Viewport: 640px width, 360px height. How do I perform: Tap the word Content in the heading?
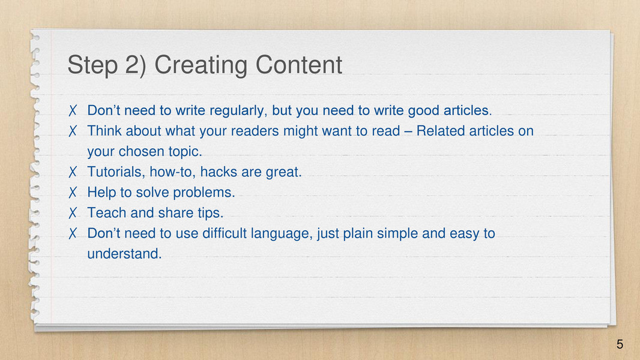point(299,64)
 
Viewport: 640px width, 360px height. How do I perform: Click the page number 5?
point(620,344)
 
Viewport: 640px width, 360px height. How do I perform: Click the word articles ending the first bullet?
point(467,110)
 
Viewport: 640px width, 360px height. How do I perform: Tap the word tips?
point(210,213)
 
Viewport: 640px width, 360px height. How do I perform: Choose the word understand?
point(124,254)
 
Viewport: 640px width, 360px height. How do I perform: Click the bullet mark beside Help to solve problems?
point(73,193)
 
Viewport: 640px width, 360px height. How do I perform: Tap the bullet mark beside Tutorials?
point(73,172)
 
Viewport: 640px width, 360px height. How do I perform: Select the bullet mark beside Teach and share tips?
point(73,213)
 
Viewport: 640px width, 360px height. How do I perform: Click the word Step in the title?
point(92,65)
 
